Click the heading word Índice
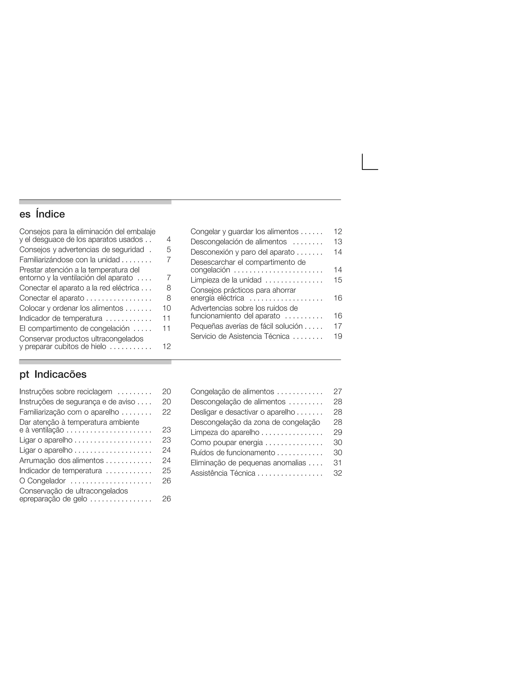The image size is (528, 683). [x=50, y=214]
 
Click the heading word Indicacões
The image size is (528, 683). [x=60, y=374]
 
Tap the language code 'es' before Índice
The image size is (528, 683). [x=25, y=214]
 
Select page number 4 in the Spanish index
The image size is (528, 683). [x=169, y=239]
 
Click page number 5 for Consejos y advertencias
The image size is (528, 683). [x=169, y=249]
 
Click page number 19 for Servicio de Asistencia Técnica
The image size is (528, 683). [x=338, y=336]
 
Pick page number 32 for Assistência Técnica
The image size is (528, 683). [x=338, y=473]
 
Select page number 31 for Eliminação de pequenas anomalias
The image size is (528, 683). [x=338, y=463]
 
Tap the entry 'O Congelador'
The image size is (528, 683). [x=43, y=481]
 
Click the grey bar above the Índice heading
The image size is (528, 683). [x=95, y=202]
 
